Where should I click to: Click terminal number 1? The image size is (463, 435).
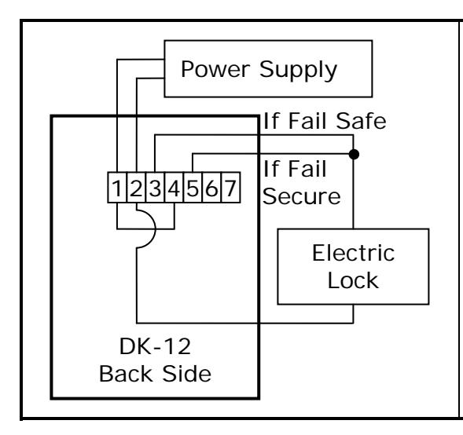coord(117,188)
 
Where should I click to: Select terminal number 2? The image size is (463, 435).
coord(136,188)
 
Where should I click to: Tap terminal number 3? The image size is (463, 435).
coord(155,188)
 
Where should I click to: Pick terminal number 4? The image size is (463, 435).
coord(174,188)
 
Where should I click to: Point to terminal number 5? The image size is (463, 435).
coord(193,188)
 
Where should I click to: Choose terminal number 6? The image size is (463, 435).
coord(211,188)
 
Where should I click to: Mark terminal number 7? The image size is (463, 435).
coord(230,188)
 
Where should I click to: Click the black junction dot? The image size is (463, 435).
coord(354,154)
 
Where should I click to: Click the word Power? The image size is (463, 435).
coord(215,69)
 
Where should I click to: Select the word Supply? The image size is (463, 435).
coord(298,71)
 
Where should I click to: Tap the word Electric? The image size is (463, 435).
coord(353,253)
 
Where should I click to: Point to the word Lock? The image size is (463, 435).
coord(353,280)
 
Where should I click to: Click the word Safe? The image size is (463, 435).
coord(361,121)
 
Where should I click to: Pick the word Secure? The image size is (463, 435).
coord(302,196)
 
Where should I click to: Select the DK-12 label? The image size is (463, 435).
coord(155,346)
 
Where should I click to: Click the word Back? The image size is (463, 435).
coord(126,374)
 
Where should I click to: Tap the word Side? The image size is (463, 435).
coord(187,374)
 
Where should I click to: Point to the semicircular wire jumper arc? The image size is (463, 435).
coord(155,228)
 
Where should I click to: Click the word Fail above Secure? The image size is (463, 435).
coord(307,169)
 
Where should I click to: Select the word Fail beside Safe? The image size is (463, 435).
coord(307,121)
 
